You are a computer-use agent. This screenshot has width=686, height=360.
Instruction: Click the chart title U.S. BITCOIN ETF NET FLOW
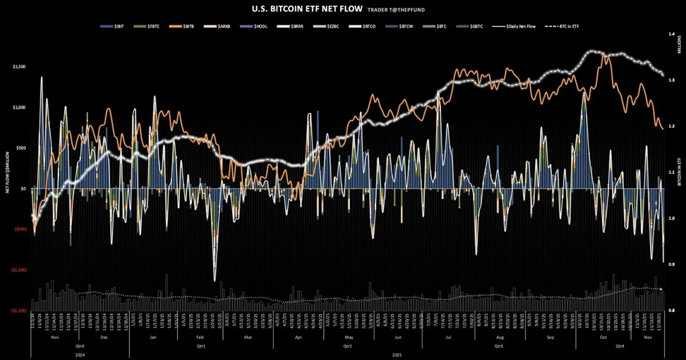307,9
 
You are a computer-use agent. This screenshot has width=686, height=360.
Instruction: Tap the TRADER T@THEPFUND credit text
396,10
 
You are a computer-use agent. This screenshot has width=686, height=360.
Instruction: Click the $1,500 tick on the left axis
19,67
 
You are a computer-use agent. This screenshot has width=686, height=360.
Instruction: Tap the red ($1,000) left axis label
20,270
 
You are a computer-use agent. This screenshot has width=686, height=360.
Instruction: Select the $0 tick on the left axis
23,189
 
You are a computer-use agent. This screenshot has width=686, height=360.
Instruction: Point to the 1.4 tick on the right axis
672,34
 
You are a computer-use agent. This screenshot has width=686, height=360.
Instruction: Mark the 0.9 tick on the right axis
672,264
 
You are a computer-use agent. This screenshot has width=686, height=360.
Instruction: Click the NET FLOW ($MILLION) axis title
7,172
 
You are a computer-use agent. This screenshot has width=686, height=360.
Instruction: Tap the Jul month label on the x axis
448,337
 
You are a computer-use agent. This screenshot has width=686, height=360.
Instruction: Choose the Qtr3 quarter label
498,346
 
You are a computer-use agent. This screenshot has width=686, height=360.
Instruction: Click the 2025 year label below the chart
397,355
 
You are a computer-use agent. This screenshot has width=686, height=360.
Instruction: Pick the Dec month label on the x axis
104,337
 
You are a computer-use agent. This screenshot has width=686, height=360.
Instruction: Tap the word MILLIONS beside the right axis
679,45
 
